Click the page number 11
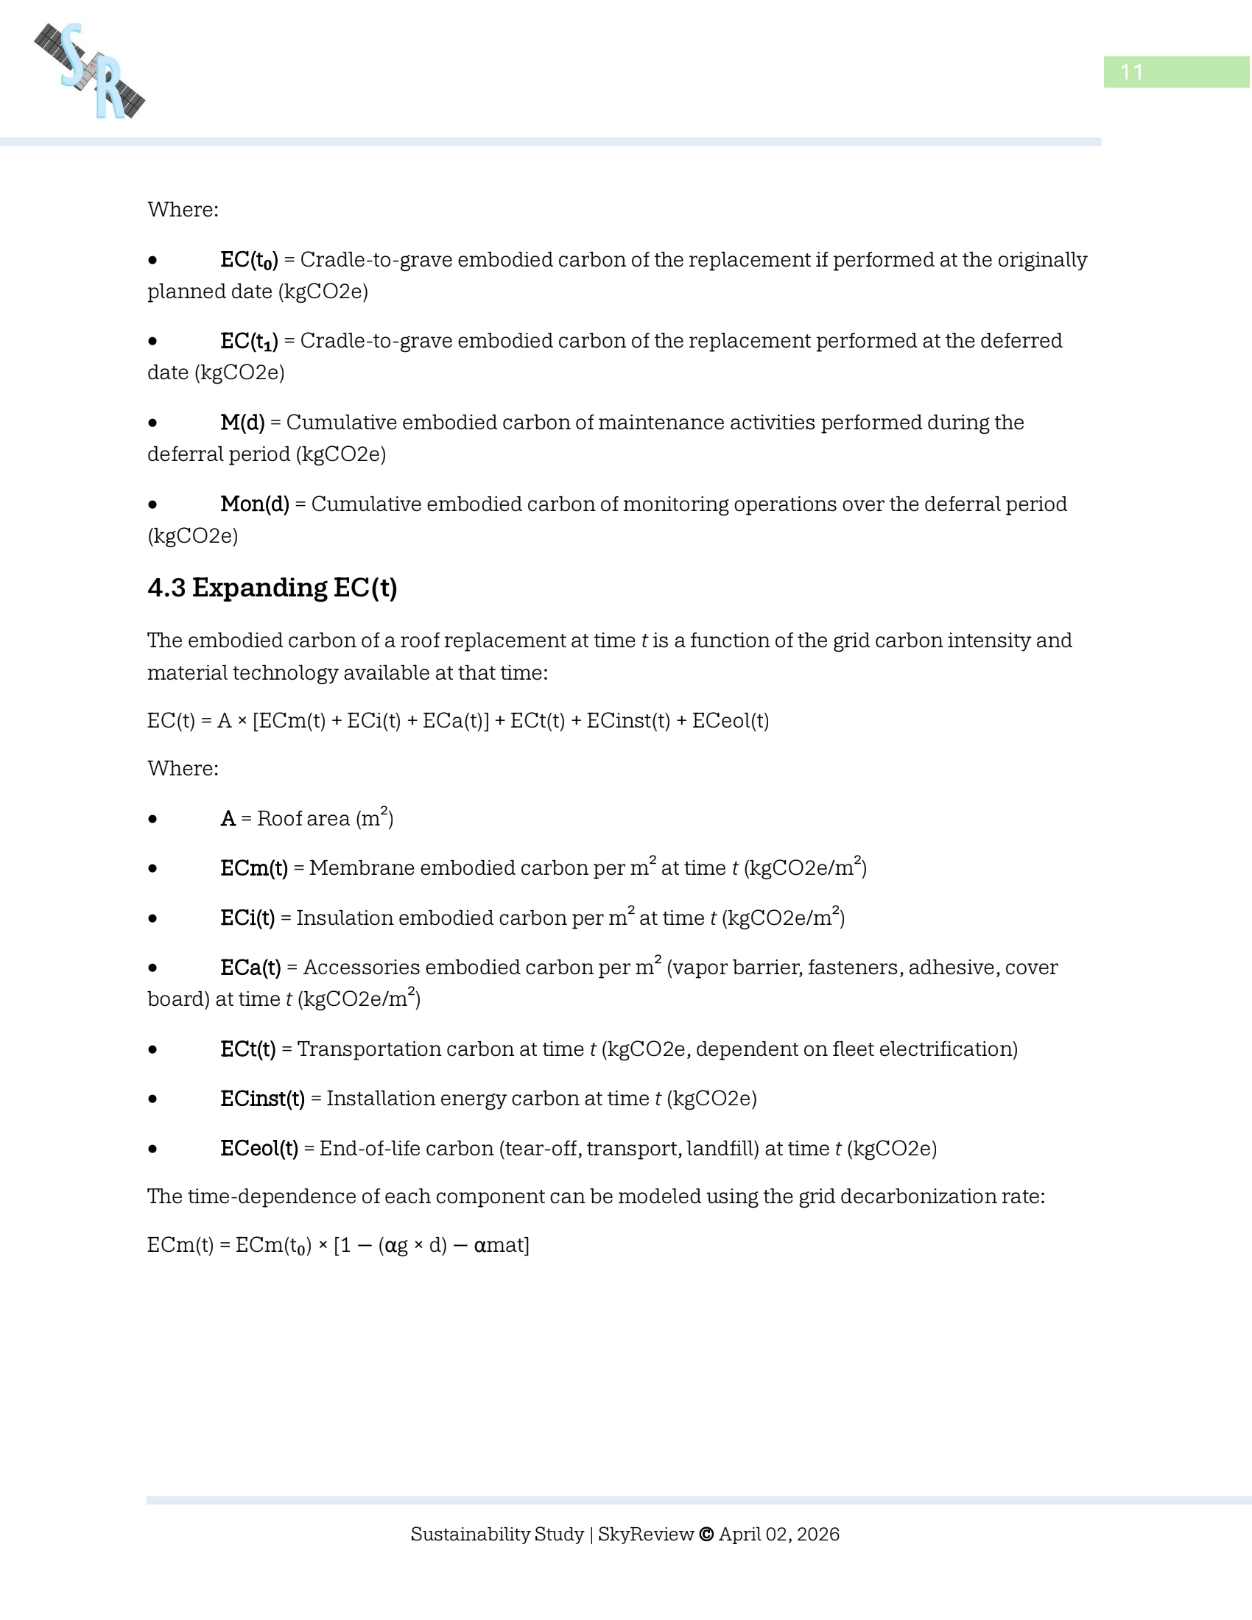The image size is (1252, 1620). tap(1131, 72)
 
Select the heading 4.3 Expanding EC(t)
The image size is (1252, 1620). tap(272, 588)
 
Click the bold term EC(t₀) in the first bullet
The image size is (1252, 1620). tap(248, 261)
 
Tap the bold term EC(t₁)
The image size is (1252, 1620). tap(248, 341)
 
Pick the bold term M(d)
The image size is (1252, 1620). tap(242, 422)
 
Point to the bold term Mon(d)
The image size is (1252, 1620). tap(254, 504)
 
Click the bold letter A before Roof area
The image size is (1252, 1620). tap(228, 818)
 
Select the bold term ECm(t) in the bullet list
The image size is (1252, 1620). tap(253, 868)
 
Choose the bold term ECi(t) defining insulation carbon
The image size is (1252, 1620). tap(247, 918)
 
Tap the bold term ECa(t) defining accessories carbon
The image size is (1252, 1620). tap(250, 968)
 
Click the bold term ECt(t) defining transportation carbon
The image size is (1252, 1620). tap(247, 1049)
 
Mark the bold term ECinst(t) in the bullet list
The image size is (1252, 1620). tap(262, 1098)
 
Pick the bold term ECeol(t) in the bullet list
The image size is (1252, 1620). tap(259, 1148)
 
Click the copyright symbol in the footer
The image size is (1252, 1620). tap(706, 1534)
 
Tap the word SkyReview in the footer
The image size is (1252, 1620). tap(645, 1534)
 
